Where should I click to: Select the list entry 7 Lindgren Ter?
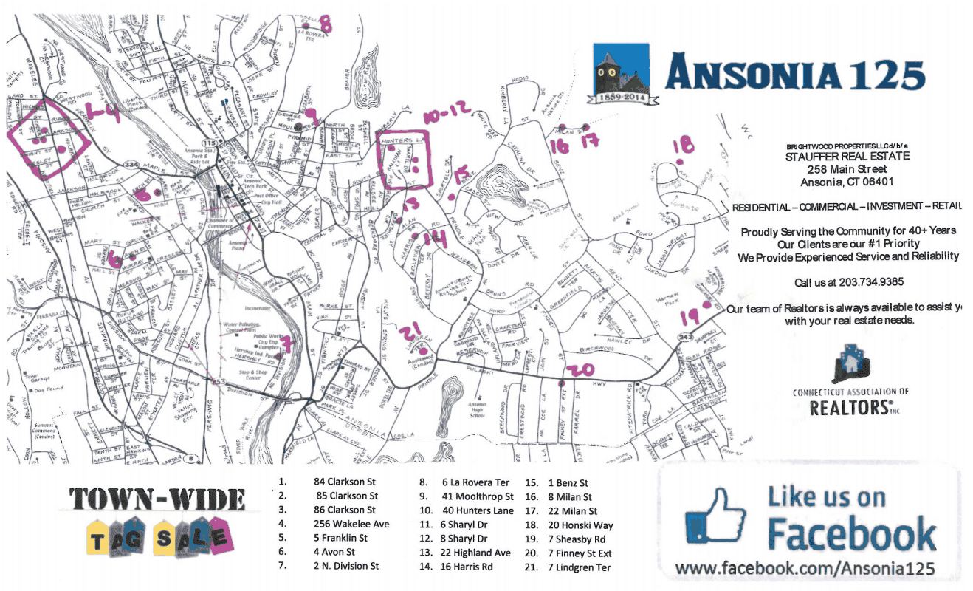point(580,567)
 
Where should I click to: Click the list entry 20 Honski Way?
point(580,525)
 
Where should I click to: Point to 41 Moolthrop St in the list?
point(477,496)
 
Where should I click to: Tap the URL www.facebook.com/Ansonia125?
point(805,569)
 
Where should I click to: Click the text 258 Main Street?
point(847,169)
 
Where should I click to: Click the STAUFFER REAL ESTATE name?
point(847,157)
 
